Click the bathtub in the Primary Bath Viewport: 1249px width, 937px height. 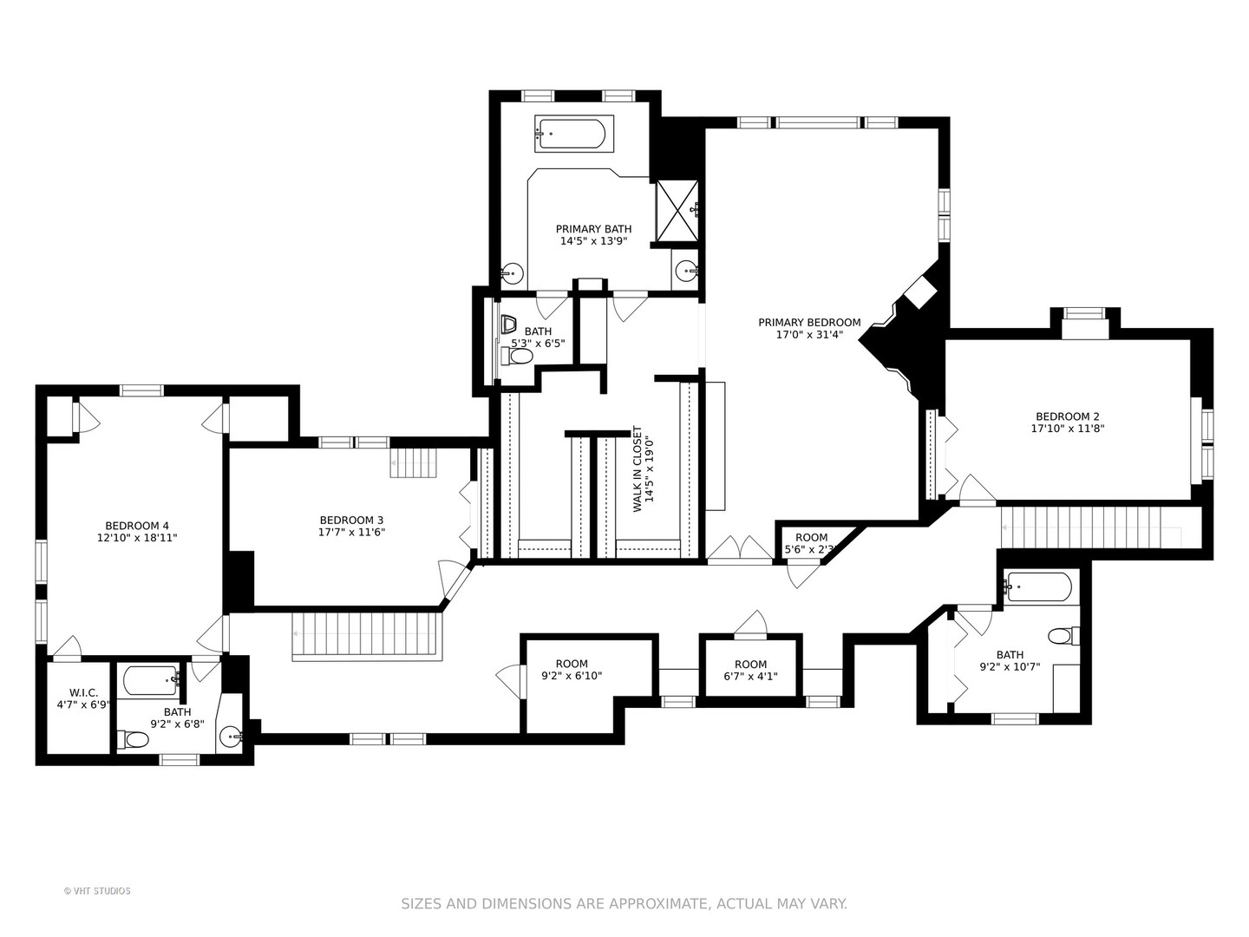[574, 133]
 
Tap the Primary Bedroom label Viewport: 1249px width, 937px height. [809, 323]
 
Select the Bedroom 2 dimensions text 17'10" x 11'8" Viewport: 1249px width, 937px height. [1068, 429]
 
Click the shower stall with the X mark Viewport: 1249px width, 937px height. [677, 211]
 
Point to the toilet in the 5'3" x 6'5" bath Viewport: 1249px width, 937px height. [517, 357]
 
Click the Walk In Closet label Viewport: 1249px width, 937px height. [638, 468]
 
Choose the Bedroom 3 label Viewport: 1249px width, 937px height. [351, 520]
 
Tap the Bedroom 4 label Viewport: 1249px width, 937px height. [137, 526]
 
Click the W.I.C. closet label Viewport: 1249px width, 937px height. [83, 692]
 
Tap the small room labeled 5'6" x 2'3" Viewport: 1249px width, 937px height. [811, 543]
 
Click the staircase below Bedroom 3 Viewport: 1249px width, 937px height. [367, 637]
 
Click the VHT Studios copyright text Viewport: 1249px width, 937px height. [97, 890]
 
